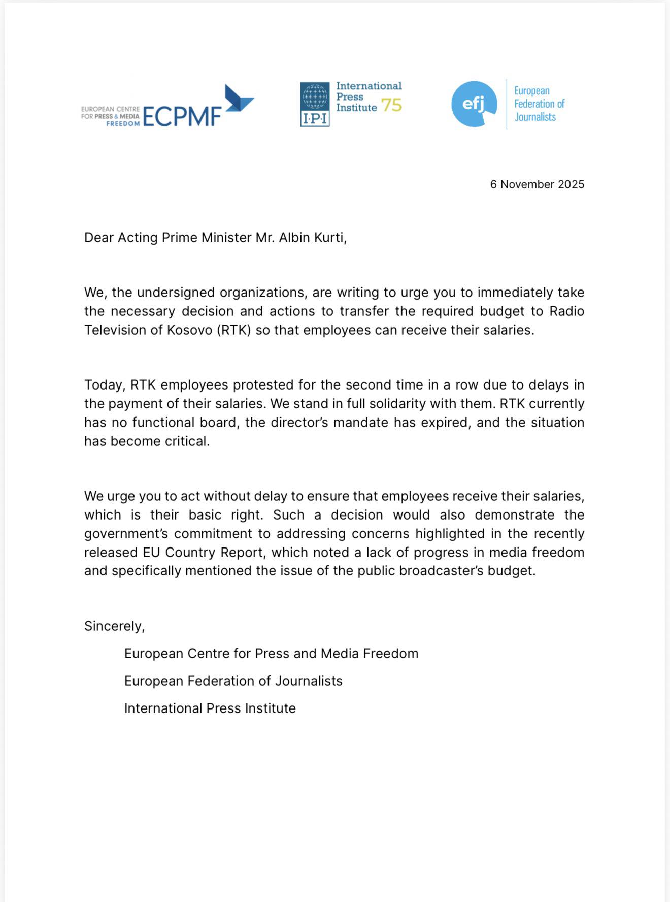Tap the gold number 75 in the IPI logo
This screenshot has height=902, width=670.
[391, 105]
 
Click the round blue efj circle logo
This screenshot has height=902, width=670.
[474, 104]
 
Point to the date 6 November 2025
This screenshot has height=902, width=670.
[537, 184]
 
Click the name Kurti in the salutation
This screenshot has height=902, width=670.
[328, 238]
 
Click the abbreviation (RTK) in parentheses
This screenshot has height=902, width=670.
[234, 330]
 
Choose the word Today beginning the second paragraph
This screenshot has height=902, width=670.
[104, 385]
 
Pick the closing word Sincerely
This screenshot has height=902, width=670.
[114, 626]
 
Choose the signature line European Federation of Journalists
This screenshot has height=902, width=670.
[233, 681]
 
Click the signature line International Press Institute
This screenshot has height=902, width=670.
[210, 708]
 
